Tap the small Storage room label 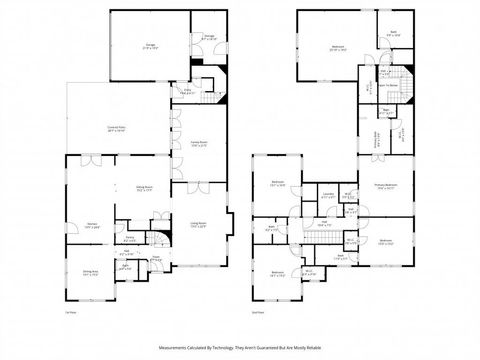[210, 40]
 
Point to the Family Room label [198, 143]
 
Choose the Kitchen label [91, 224]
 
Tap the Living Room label [198, 224]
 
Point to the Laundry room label [327, 195]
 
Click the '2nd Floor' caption [257, 312]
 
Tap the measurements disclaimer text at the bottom [240, 346]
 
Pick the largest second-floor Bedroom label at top [332, 47]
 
